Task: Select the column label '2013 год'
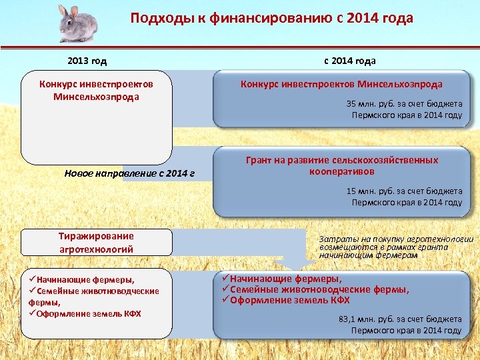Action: pyautogui.click(x=87, y=61)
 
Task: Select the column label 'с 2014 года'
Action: pyautogui.click(x=349, y=61)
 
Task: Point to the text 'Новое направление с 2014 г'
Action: pyautogui.click(x=129, y=173)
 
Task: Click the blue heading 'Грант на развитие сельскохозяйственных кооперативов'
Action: pyautogui.click(x=342, y=166)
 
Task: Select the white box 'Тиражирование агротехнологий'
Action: pyautogui.click(x=96, y=242)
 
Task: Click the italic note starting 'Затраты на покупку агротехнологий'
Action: pyautogui.click(x=396, y=247)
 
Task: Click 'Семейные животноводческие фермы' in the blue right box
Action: pyautogui.click(x=319, y=289)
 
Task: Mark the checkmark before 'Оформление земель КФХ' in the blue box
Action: pyautogui.click(x=225, y=301)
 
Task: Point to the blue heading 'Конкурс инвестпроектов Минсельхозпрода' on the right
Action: pyautogui.click(x=341, y=85)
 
